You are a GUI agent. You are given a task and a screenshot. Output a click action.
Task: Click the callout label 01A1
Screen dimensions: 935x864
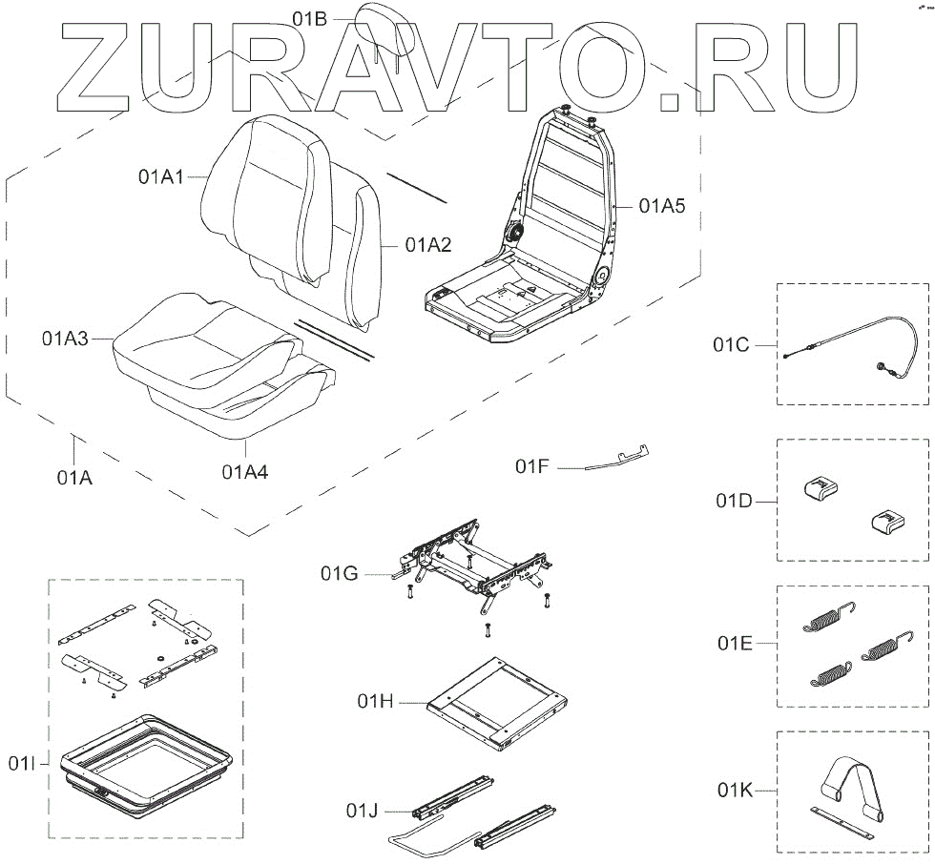(x=160, y=176)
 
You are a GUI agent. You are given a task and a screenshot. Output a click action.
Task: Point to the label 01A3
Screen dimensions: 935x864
(x=66, y=338)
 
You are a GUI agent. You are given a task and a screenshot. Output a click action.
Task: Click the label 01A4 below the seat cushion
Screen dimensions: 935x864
(x=245, y=470)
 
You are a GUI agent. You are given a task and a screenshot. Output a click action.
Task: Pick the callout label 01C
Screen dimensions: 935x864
(x=733, y=344)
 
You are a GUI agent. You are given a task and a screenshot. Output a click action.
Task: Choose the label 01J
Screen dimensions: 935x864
(x=362, y=812)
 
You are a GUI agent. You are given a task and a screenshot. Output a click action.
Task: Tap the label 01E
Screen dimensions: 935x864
(x=736, y=643)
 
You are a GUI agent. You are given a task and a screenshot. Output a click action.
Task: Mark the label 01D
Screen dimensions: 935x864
(x=734, y=500)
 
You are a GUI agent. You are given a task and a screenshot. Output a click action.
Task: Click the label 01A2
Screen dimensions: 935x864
(x=427, y=244)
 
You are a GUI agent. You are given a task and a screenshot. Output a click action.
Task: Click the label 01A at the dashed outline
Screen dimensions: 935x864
(x=73, y=478)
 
